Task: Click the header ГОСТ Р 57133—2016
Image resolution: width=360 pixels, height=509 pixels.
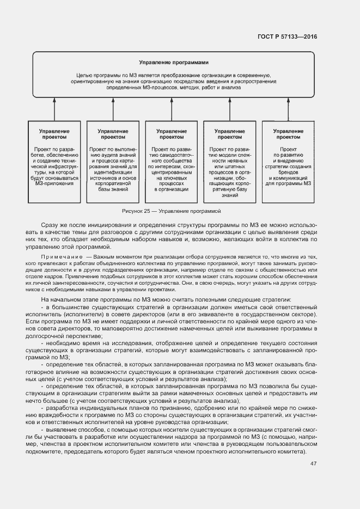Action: click(x=287, y=37)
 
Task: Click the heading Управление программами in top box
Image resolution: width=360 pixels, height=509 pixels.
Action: click(x=174, y=63)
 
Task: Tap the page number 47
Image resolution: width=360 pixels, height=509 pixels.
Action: click(x=313, y=463)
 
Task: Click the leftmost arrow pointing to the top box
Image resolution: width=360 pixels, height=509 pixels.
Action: click(x=54, y=109)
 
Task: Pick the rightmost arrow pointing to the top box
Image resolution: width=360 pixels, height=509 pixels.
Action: click(x=288, y=109)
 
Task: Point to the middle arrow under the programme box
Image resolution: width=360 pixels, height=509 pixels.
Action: click(x=171, y=109)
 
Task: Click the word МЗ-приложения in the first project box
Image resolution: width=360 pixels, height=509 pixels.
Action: click(x=54, y=183)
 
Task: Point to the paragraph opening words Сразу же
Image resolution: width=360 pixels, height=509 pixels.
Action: click(x=52, y=225)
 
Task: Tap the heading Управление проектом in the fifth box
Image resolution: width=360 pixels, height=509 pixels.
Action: click(x=288, y=134)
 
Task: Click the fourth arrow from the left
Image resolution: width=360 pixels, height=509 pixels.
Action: click(x=229, y=109)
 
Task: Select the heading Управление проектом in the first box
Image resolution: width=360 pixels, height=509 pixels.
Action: click(x=54, y=134)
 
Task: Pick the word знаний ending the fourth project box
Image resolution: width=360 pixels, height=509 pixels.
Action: click(x=229, y=195)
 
